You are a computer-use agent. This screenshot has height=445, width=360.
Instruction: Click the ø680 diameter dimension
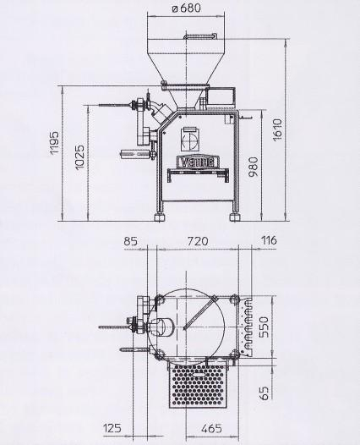click(x=187, y=8)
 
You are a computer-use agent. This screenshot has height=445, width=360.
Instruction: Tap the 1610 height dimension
click(x=277, y=129)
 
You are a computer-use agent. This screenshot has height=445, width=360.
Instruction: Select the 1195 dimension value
click(x=54, y=142)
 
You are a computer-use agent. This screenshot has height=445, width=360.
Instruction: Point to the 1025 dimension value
click(x=79, y=157)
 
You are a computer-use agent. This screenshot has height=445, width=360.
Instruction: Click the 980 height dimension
click(x=254, y=167)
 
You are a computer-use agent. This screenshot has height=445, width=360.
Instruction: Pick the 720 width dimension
click(x=198, y=241)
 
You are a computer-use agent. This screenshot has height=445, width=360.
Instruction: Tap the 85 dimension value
click(x=131, y=241)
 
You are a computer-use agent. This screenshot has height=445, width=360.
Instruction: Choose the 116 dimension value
click(x=269, y=240)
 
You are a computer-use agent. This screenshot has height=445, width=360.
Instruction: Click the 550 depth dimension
click(x=264, y=327)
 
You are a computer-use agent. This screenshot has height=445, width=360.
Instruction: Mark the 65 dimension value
click(x=264, y=393)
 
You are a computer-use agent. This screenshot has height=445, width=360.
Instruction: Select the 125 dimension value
click(x=112, y=428)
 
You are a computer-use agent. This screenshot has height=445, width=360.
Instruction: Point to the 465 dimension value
click(x=211, y=428)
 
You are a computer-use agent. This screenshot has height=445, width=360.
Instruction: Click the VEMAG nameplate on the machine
click(x=198, y=162)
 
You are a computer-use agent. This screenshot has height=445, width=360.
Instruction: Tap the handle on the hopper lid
click(x=200, y=36)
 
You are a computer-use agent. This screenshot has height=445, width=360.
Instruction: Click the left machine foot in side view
click(x=160, y=217)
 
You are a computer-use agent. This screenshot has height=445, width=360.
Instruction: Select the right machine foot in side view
click(x=234, y=217)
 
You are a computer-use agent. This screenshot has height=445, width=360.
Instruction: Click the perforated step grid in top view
click(x=198, y=386)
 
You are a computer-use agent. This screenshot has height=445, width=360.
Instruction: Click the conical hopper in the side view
click(x=186, y=69)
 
